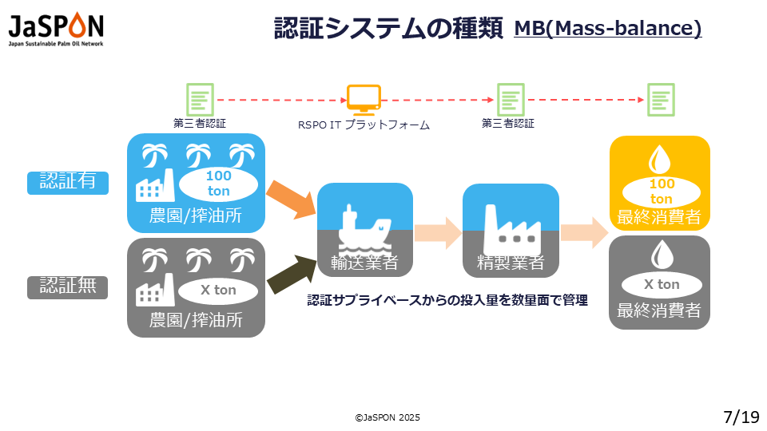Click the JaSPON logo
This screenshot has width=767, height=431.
[56, 29]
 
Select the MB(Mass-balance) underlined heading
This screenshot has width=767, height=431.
[607, 29]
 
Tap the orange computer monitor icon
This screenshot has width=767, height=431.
[364, 99]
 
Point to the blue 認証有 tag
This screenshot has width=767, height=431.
[67, 181]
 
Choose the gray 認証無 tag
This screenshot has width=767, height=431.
[67, 286]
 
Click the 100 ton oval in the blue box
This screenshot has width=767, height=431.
[218, 184]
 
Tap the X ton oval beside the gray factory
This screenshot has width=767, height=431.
[218, 291]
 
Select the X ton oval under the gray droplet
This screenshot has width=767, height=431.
[661, 285]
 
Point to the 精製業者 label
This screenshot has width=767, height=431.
[511, 263]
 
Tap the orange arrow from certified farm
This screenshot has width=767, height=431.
[290, 200]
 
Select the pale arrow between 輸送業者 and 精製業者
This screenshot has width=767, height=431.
[438, 231]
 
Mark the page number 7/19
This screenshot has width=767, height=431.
[741, 417]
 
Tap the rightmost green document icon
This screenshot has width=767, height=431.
[661, 100]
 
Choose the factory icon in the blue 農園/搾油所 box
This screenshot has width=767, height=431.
[156, 184]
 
